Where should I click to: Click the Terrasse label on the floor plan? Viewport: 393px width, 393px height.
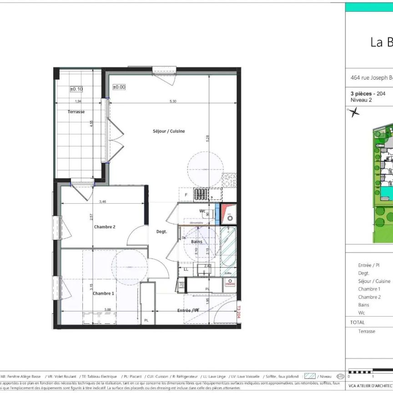pyautogui.click(x=76, y=111)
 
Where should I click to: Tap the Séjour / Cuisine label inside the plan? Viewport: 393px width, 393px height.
pyautogui.click(x=169, y=131)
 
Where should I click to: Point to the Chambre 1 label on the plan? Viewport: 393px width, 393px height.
pyautogui.click(x=104, y=293)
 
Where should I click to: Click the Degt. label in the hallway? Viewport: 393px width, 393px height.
pyautogui.click(x=161, y=232)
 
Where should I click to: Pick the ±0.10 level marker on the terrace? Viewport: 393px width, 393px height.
pyautogui.click(x=76, y=89)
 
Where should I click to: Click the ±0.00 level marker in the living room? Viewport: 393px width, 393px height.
pyautogui.click(x=119, y=86)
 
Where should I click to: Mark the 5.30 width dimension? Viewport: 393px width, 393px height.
pyautogui.click(x=173, y=101)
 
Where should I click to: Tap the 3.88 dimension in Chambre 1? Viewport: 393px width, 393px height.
pyautogui.click(x=107, y=310)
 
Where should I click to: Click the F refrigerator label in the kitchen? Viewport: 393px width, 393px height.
pyautogui.click(x=186, y=195)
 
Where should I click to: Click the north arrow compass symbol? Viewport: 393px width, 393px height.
pyautogui.click(x=354, y=111)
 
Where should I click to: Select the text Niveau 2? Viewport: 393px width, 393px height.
pyautogui.click(x=361, y=100)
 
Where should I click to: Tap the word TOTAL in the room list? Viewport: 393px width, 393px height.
pyautogui.click(x=358, y=322)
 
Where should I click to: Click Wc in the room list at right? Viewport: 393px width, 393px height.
pyautogui.click(x=361, y=313)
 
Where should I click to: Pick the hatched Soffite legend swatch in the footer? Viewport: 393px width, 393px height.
pyautogui.click(x=310, y=376)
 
